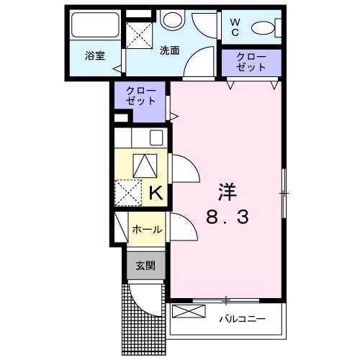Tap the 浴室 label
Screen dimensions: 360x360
(x=94, y=55)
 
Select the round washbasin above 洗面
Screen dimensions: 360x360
(x=171, y=20)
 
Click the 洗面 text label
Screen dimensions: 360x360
(x=169, y=50)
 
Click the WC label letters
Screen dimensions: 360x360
(x=235, y=27)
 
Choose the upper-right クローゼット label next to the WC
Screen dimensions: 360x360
(x=251, y=62)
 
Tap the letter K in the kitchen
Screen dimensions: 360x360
(x=156, y=192)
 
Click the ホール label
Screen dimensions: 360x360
(x=146, y=230)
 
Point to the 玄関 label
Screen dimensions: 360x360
(x=146, y=265)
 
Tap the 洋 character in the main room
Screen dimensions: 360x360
(x=228, y=192)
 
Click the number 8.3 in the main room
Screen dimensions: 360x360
(x=228, y=217)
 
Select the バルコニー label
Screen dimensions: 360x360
(x=242, y=318)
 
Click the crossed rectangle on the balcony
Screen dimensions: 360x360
(x=189, y=313)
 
